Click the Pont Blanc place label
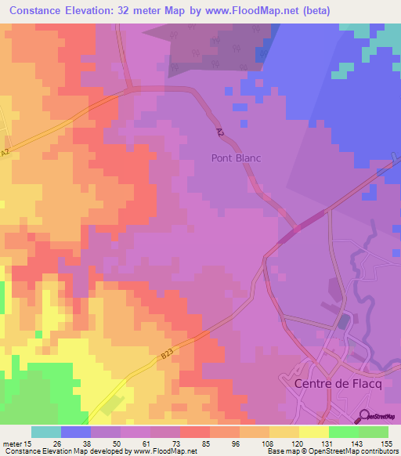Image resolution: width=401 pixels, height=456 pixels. coord(236,158)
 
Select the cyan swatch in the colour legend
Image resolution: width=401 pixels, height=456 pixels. coord(46,432)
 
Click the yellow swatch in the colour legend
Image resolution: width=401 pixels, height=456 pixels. coord(313,432)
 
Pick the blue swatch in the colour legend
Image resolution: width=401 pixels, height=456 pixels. coord(76,432)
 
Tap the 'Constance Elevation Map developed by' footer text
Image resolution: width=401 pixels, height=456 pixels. coord(63,451)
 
